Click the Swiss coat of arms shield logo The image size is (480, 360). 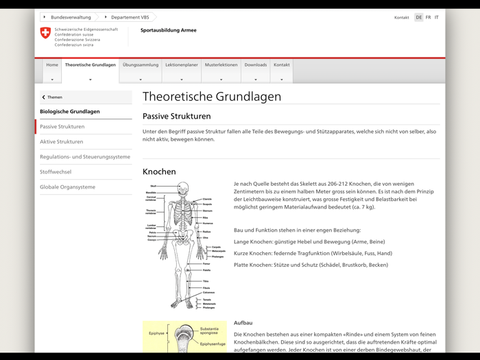pos(46,33)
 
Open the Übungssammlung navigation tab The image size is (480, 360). pos(141,65)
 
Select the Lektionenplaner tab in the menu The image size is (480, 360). pos(182,65)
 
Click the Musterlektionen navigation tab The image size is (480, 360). pos(221,65)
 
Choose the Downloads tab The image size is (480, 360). pos(256,65)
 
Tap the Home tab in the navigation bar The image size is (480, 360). pos(52,65)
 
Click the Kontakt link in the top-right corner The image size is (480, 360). pos(401,17)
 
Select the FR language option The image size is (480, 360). pos(428,17)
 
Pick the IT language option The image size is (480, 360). pos(437,17)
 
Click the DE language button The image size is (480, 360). pos(418,17)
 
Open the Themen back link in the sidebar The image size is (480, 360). pos(54,97)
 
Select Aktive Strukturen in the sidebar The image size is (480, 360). pos(61,142)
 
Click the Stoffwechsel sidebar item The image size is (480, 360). pos(56,172)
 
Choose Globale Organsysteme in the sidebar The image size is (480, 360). pos(67,187)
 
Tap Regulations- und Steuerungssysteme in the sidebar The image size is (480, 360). pos(84,157)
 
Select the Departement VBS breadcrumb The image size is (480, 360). pos(129,17)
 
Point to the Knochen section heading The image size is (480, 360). pos(159,171)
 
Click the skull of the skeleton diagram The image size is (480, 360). pos(182,188)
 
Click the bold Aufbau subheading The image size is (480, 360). pos(243,322)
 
